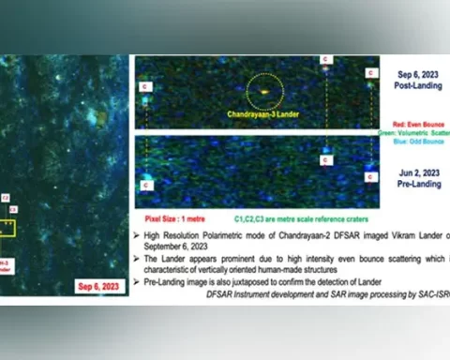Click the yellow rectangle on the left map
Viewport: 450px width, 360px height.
pos(7,227)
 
